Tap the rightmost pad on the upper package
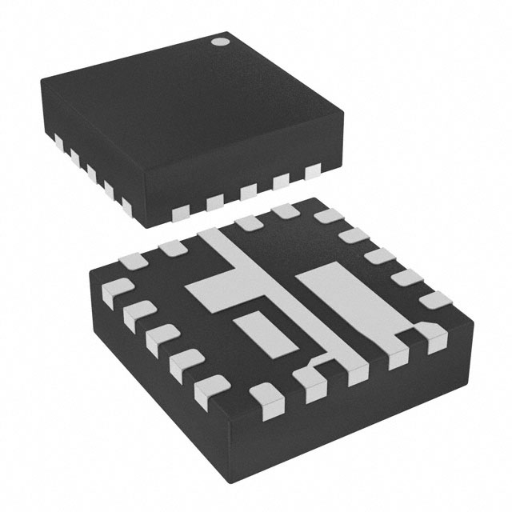point(312,171)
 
